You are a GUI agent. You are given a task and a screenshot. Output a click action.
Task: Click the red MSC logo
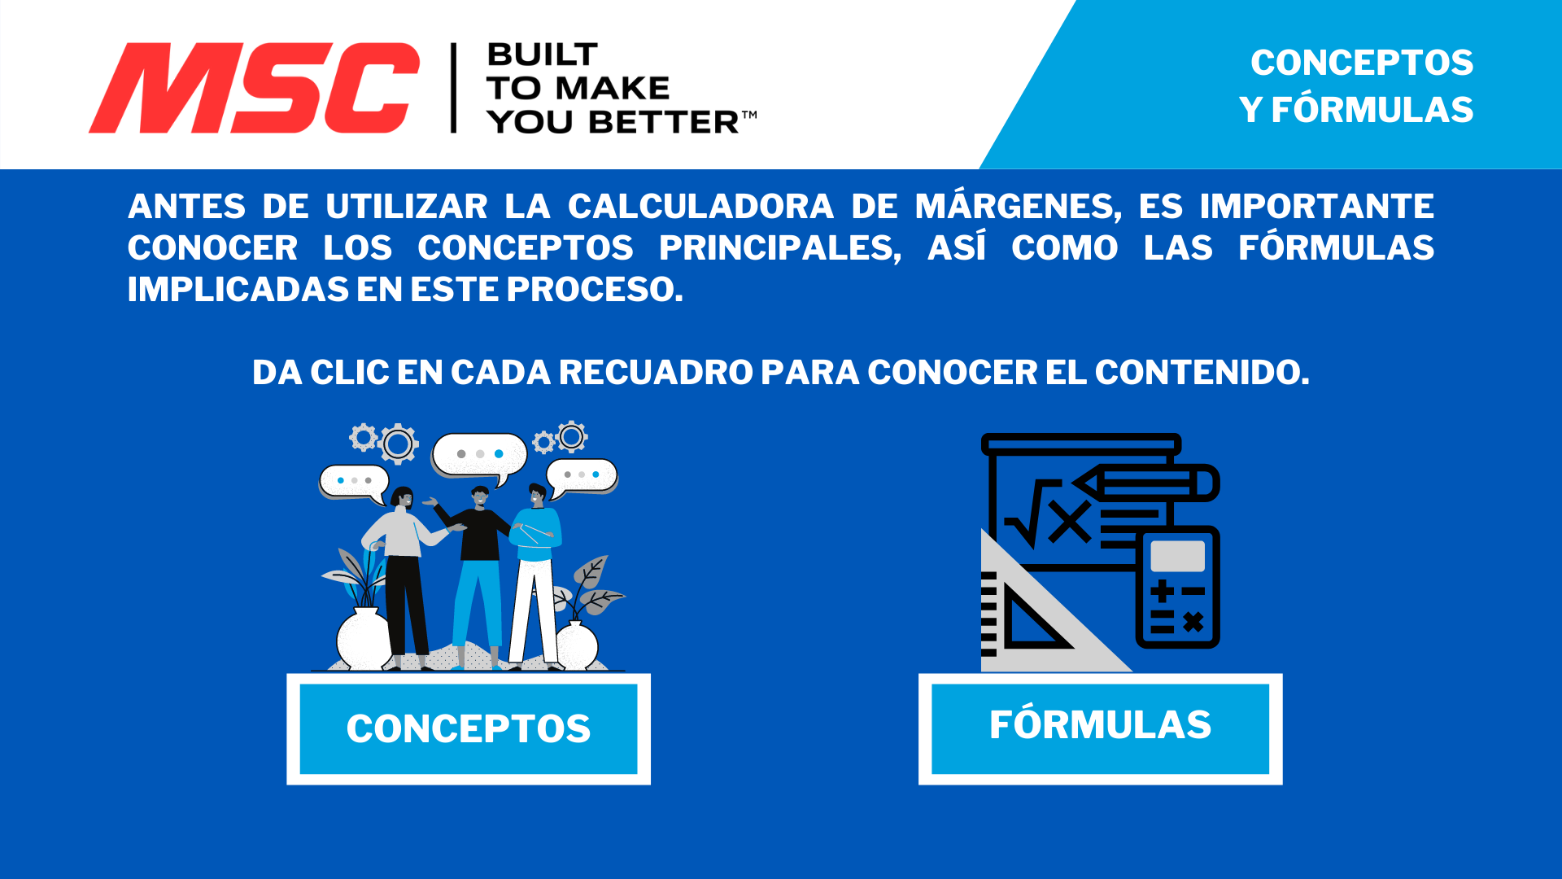(x=254, y=88)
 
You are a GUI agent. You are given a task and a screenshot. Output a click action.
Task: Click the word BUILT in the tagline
(x=542, y=55)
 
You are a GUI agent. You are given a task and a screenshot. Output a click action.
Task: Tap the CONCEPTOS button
(x=469, y=728)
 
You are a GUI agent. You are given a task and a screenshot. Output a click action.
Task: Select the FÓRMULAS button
(x=1100, y=726)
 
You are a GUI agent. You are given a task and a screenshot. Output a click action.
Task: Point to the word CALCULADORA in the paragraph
(x=700, y=207)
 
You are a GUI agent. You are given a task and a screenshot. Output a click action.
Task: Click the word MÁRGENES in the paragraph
(x=1018, y=207)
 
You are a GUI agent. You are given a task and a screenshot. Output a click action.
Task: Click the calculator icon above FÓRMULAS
(x=1177, y=588)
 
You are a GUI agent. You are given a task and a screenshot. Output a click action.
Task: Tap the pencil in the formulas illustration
(x=1147, y=483)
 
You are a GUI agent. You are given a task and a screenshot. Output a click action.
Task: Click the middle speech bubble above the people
(x=479, y=454)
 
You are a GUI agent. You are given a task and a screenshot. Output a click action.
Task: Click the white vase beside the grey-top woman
(x=364, y=639)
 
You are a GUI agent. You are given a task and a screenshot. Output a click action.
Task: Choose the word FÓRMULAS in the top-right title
(x=1372, y=110)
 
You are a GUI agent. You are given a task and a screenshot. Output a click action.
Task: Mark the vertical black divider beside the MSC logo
(x=454, y=88)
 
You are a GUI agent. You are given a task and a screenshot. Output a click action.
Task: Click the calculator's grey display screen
(x=1177, y=557)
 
